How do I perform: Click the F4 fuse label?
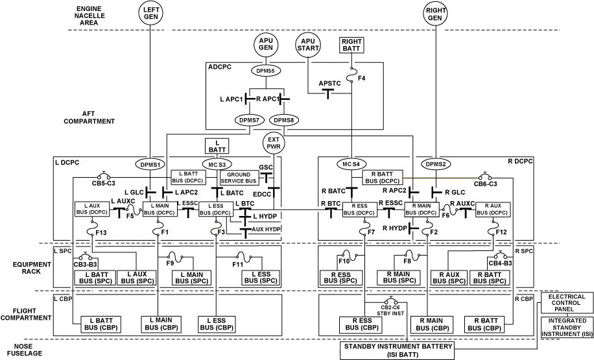tap(362, 78)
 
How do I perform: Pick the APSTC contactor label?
tap(329, 84)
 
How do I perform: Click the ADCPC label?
tap(219, 67)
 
